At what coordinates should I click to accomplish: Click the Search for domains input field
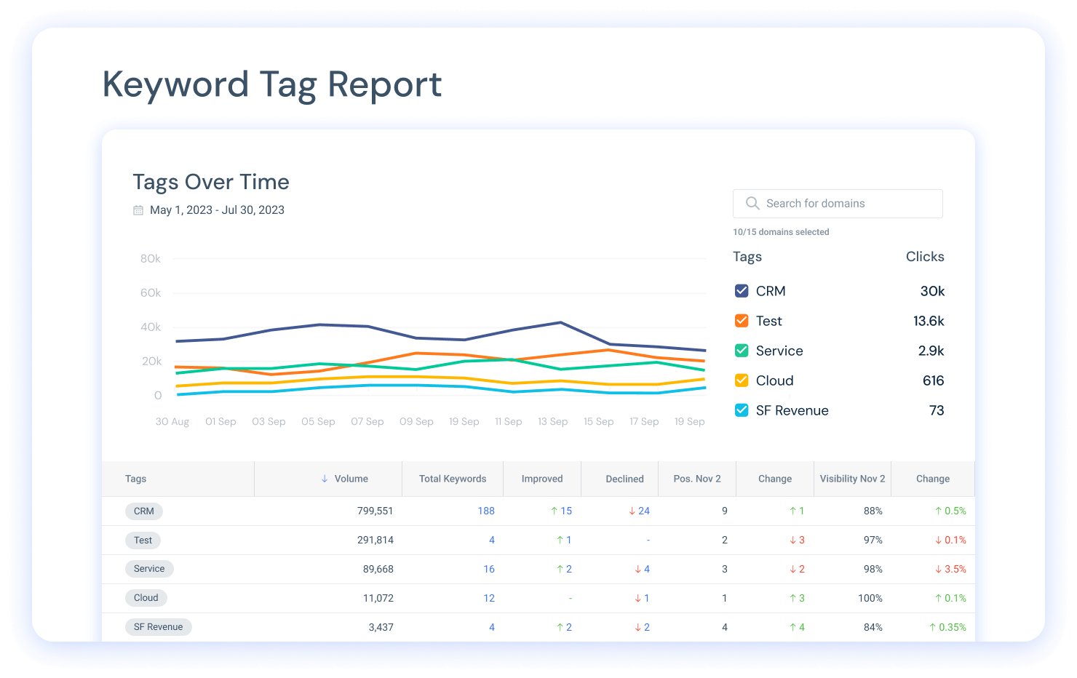tap(838, 203)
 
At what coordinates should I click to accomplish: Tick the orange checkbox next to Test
tap(742, 321)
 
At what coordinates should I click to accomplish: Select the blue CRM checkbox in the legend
tap(742, 291)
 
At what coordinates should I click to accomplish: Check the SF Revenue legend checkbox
tap(742, 410)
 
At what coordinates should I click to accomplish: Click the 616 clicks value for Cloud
tap(933, 380)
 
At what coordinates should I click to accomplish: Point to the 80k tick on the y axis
tap(151, 258)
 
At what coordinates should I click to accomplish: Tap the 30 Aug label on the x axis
tap(172, 421)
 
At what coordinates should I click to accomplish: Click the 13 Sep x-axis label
tap(552, 421)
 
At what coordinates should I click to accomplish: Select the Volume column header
tap(345, 479)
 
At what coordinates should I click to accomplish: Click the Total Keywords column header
tap(453, 479)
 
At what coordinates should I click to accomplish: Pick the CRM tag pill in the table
tap(144, 511)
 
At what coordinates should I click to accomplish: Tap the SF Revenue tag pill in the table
tap(158, 626)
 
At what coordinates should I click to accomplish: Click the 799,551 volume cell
tap(375, 511)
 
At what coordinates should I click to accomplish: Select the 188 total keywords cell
tap(486, 511)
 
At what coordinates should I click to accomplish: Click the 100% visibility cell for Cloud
tap(870, 598)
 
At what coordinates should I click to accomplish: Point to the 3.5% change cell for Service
tap(950, 569)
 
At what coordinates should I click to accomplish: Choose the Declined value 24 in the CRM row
tap(640, 511)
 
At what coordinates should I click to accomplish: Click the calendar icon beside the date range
tap(138, 210)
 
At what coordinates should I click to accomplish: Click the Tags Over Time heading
tap(211, 182)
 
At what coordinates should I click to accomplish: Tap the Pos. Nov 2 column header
tap(697, 479)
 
